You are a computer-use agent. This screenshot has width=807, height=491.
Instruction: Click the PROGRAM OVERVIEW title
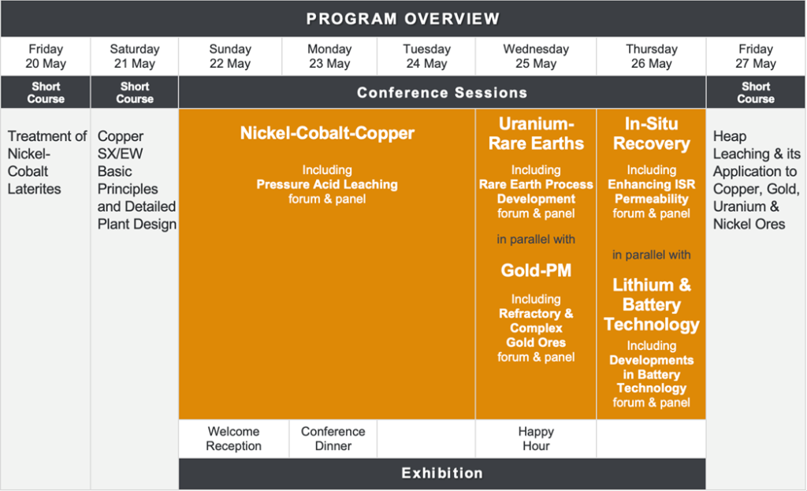point(403,19)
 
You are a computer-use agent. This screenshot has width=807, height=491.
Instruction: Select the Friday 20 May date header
point(46,56)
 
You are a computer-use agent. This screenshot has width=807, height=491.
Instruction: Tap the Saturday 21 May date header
point(134,56)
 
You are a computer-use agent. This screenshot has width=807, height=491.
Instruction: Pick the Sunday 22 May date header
point(230,56)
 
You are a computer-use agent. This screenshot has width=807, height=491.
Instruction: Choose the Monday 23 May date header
point(329,56)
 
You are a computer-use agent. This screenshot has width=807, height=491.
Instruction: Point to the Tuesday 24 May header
point(426,56)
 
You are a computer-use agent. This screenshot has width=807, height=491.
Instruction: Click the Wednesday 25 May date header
point(536,56)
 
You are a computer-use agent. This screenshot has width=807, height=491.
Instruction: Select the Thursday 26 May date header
point(652,56)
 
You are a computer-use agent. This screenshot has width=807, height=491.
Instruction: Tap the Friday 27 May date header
point(756,56)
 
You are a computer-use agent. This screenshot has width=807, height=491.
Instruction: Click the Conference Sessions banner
point(442,93)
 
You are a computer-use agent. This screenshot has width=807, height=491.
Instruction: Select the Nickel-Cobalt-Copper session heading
point(327,133)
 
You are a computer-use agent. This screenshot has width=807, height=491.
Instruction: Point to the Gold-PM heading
point(536,270)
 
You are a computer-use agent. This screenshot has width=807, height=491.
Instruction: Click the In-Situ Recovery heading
point(652,134)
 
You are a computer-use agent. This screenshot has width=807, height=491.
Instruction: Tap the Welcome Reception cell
point(233,438)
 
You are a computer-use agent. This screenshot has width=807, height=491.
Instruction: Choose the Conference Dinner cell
point(333,438)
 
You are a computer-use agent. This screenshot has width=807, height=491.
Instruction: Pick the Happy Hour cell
point(536,438)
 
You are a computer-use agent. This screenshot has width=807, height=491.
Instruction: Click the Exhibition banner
point(442,473)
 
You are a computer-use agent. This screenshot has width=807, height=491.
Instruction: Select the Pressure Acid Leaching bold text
point(327,184)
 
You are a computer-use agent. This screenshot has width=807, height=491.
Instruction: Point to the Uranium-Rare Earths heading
point(536,134)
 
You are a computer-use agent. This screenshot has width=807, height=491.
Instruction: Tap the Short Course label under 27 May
point(756,93)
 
